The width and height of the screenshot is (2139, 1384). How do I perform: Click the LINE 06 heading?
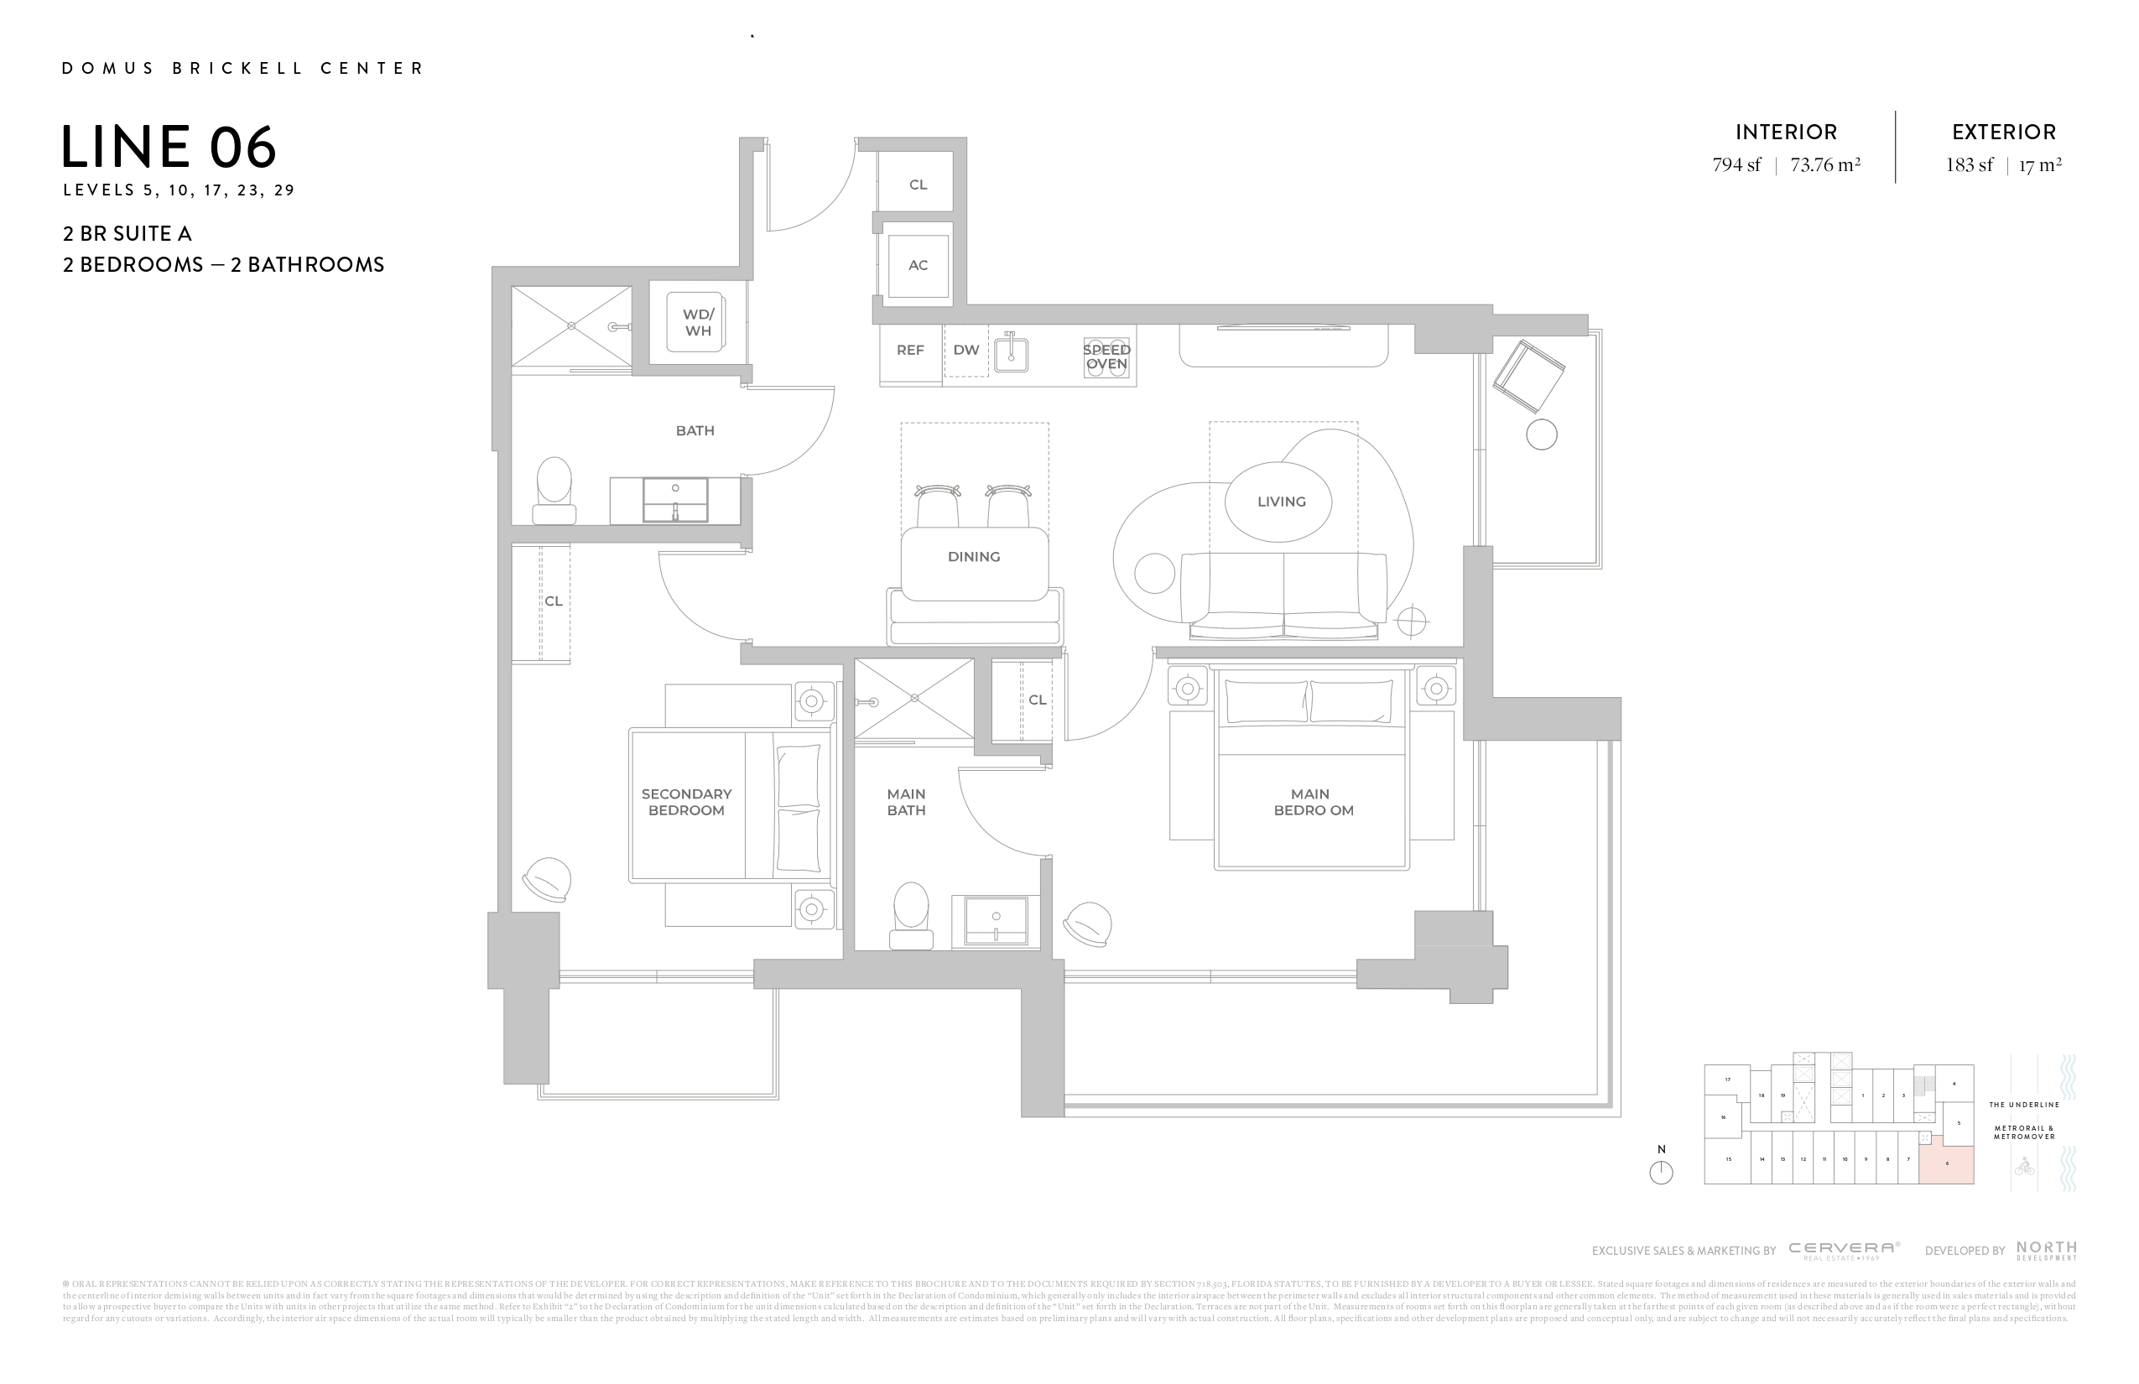pos(169,148)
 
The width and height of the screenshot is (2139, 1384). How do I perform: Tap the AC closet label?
pos(918,265)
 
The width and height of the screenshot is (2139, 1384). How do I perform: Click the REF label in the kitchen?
pos(910,351)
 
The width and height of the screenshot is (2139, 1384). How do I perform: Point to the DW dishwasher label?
pos(966,351)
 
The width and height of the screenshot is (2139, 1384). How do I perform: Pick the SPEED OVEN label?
pos(1106,356)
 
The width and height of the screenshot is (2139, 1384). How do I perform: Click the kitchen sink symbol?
pos(1011,352)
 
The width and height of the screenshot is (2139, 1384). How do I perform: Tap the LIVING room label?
pos(1281,502)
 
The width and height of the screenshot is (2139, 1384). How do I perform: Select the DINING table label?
pos(973,557)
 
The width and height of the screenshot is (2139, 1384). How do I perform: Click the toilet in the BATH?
pos(554,491)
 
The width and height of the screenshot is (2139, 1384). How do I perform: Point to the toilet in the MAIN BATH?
pos(911,914)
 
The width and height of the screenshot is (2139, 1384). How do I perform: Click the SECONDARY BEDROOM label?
pos(687,802)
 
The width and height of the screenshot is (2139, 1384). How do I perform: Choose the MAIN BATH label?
pos(906,802)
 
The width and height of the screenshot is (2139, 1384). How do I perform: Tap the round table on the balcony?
pos(1542,435)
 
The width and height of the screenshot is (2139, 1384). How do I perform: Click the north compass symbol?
pos(1661,1172)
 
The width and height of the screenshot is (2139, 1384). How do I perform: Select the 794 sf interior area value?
pos(1736,165)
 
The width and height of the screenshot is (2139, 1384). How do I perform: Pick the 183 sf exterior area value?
pos(1970,165)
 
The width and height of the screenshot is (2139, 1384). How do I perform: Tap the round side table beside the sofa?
pos(1154,574)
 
